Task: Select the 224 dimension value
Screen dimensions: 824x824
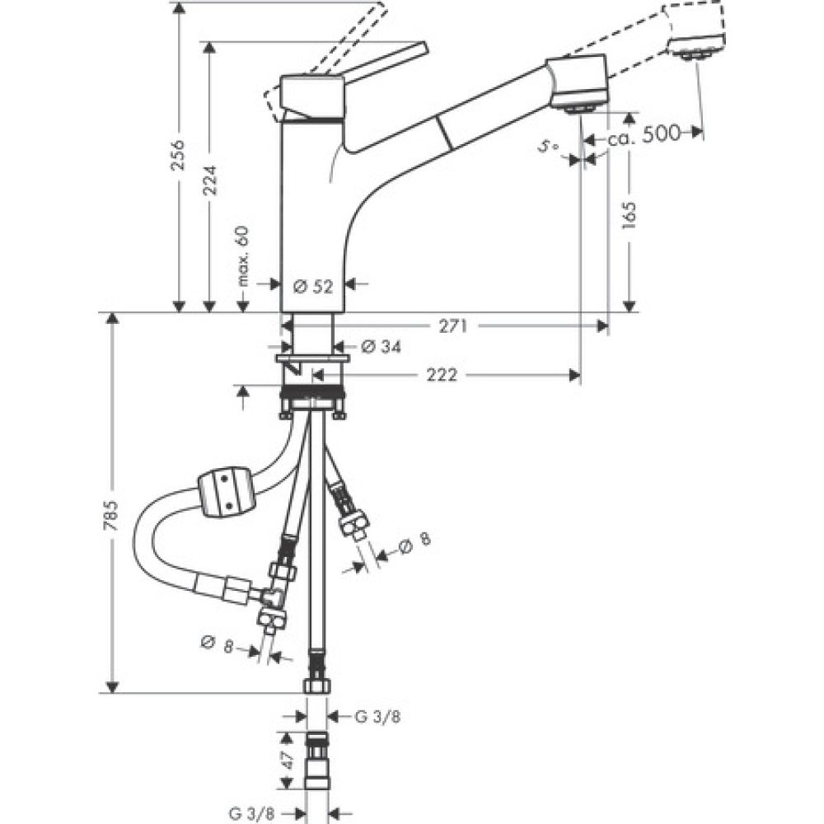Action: coord(210,180)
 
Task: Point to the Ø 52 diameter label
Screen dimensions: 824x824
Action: coord(312,286)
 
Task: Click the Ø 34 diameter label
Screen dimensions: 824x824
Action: coord(382,347)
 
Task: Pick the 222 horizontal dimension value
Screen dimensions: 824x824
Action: coord(442,376)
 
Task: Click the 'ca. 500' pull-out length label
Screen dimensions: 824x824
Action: coord(644,134)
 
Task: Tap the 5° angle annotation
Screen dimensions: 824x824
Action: coord(547,146)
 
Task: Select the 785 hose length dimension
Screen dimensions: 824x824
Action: coord(115,513)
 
